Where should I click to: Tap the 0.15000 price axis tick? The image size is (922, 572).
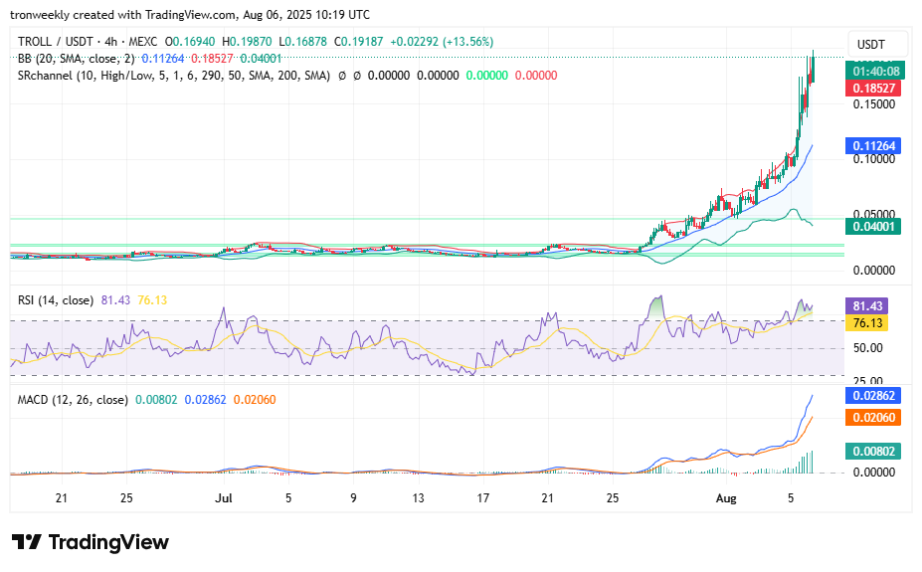click(x=871, y=103)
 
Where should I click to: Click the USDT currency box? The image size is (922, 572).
click(x=871, y=45)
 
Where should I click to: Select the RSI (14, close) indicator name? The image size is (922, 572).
click(x=56, y=299)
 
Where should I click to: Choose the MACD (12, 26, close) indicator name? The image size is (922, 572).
click(x=73, y=400)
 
